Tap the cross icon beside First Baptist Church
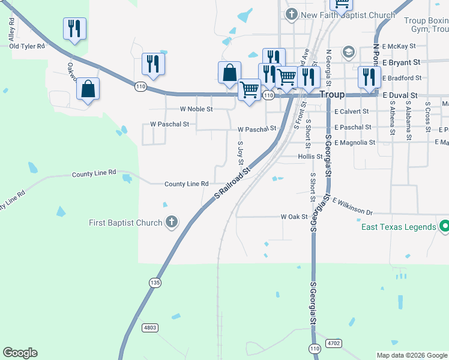[172, 223]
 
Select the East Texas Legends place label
[399, 227]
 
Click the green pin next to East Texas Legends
[444, 227]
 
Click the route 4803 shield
[150, 328]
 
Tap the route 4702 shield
[334, 343]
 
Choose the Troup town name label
[332, 95]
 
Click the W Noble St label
[196, 109]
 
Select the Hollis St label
[310, 157]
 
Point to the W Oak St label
[294, 217]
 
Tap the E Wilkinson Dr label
[352, 207]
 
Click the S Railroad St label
[232, 184]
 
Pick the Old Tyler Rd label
[27, 46]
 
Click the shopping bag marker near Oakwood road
[88, 89]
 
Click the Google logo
[20, 353]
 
